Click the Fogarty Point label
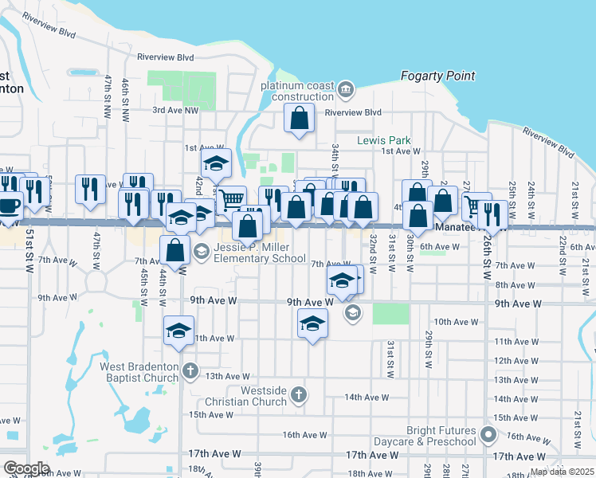pos(437,76)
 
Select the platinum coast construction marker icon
pos(346,88)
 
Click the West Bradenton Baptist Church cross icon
pos(190,370)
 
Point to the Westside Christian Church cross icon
pos(298,394)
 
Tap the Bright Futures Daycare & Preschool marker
pos(489,435)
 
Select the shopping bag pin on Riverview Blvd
pos(299,119)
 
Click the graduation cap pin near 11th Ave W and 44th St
pos(179,330)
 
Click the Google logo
pos(26,468)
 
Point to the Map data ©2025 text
pos(561,472)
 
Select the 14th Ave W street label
pos(366,397)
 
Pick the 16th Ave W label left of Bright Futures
pos(305,435)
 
